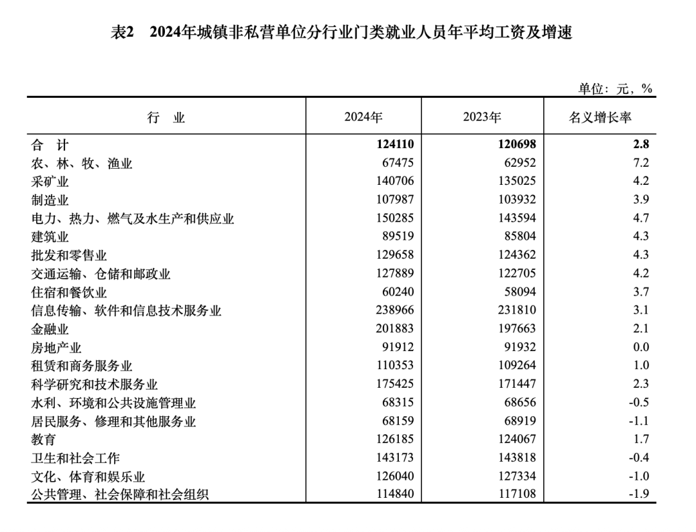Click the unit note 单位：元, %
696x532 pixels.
coord(615,89)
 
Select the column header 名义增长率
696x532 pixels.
coord(599,117)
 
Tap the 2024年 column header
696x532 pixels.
coord(363,117)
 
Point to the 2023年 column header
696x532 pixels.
coord(481,117)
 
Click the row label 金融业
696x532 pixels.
coord(50,329)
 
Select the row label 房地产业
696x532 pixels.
coord(57,348)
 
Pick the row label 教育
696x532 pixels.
coord(44,440)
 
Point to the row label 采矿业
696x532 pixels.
coord(50,182)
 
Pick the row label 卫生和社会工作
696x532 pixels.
coord(75,458)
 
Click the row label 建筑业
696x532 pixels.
coord(50,237)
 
